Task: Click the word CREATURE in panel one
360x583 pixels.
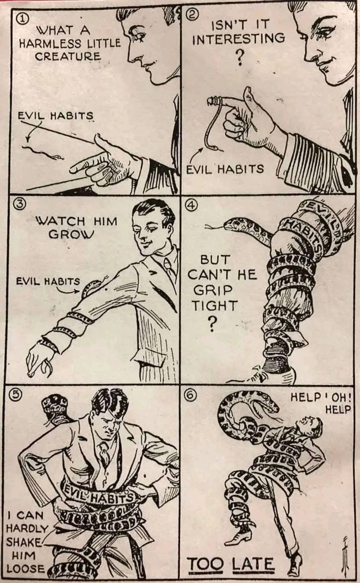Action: pyautogui.click(x=68, y=56)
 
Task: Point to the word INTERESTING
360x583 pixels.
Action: pyautogui.click(x=239, y=38)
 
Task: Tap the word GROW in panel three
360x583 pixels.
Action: pyautogui.click(x=71, y=234)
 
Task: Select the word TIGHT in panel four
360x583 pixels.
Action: pyautogui.click(x=215, y=305)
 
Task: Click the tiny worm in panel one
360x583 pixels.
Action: pyautogui.click(x=43, y=153)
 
